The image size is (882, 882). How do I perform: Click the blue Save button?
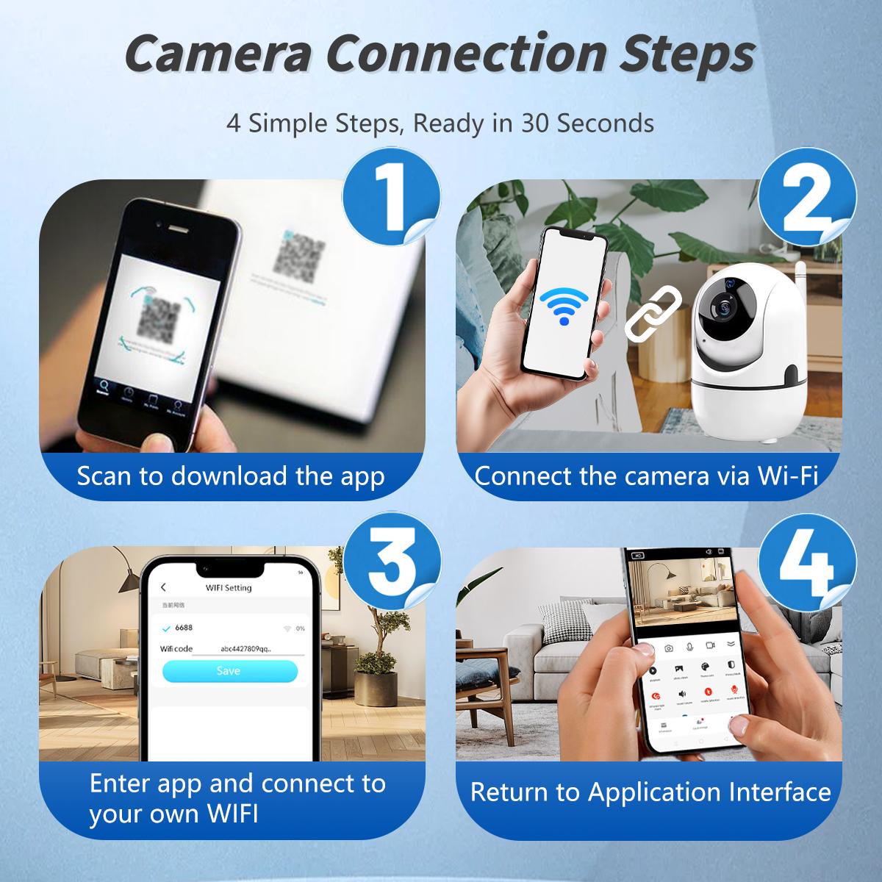click(229, 671)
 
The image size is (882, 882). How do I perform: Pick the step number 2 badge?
click(806, 194)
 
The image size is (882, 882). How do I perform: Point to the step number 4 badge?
click(806, 561)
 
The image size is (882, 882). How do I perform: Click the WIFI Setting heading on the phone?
click(228, 587)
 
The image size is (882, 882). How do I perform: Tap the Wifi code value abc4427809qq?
click(245, 649)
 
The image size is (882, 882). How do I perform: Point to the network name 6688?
click(184, 628)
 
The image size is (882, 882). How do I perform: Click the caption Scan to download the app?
click(231, 476)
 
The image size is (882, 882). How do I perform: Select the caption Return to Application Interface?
click(650, 792)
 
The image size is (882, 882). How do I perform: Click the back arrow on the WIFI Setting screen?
click(163, 587)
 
